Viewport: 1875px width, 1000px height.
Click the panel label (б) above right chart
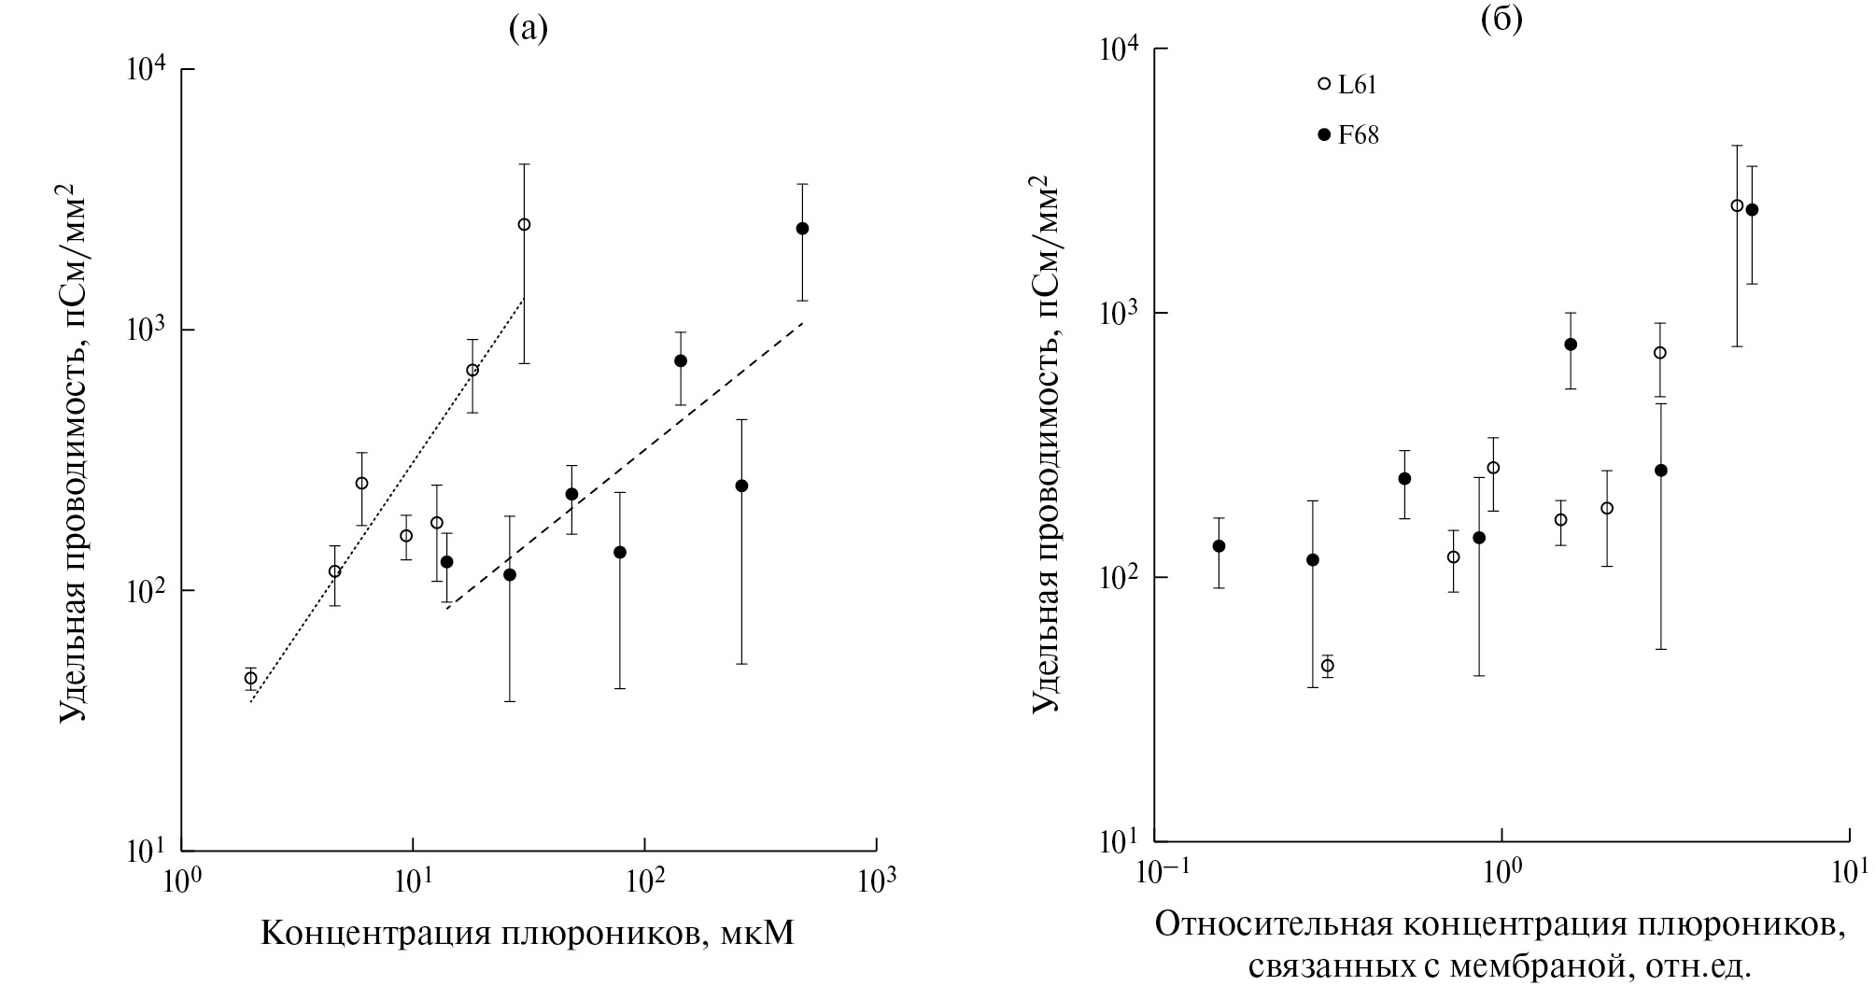(1501, 21)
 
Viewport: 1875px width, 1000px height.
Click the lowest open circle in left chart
(250, 679)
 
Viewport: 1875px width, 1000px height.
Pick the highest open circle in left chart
(524, 224)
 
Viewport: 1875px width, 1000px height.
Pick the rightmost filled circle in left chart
(802, 229)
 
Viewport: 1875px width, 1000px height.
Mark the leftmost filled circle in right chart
(1219, 546)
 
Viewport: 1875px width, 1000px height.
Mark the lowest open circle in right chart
(1327, 666)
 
